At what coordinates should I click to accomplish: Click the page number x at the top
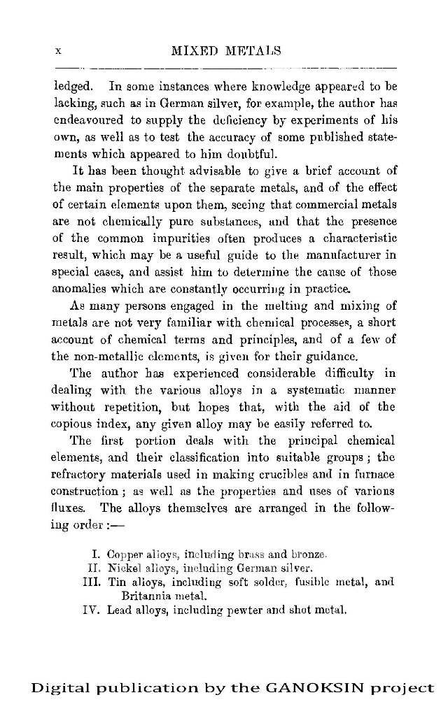pos(59,51)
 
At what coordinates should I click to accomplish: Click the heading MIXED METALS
pos(225,51)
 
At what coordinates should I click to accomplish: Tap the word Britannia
pos(146,596)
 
